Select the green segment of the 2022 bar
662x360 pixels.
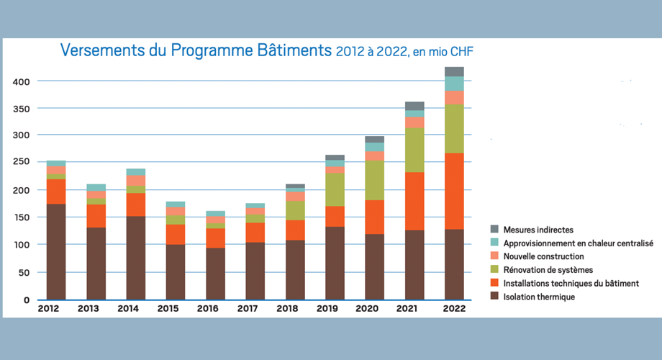pos(454,129)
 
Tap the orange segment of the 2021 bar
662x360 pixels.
pos(414,201)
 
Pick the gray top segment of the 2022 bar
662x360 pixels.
pos(454,71)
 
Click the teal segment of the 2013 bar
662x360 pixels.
pos(96,187)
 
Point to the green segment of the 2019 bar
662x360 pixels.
pos(335,189)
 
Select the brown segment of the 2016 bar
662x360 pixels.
pos(215,274)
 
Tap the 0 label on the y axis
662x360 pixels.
pos(27,300)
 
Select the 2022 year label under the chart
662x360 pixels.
pos(454,309)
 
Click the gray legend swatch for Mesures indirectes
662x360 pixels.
pos(495,230)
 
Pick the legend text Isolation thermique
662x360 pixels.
pos(539,297)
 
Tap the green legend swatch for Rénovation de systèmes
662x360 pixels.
pos(495,270)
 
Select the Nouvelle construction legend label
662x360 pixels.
pos(543,256)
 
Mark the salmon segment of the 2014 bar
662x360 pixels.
pos(136,180)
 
